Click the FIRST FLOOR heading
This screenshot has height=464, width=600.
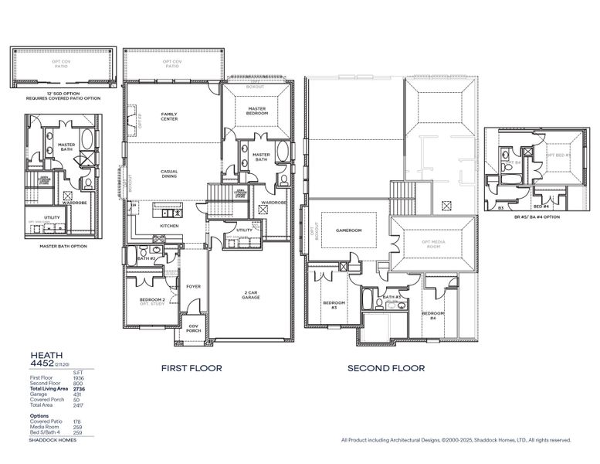[191, 368]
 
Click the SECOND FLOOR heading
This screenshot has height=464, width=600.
[385, 368]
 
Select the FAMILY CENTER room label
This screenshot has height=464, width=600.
[169, 117]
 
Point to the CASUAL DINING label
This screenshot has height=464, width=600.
[169, 174]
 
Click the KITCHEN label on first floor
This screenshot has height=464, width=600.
[169, 226]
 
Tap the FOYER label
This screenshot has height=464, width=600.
[193, 286]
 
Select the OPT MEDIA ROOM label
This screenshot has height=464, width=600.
[431, 244]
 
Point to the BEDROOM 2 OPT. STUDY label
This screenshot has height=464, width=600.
[152, 301]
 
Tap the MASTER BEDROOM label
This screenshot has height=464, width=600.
[257, 111]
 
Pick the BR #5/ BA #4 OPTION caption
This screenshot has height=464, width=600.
[536, 217]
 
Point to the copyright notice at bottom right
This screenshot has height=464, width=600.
[456, 440]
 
